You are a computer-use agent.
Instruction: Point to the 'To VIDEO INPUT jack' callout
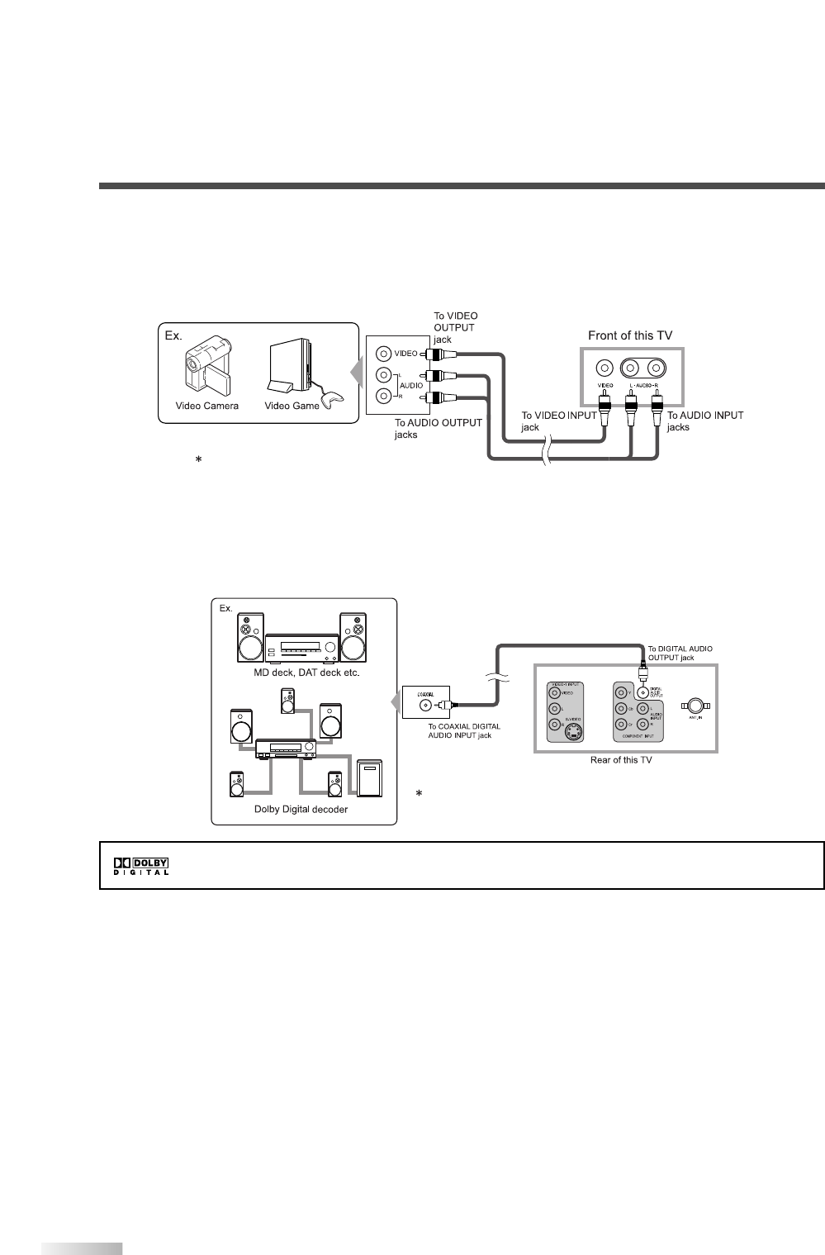pyautogui.click(x=557, y=421)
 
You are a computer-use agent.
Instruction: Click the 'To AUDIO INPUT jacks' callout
pyautogui.click(x=705, y=421)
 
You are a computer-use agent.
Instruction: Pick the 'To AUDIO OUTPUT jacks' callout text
pyautogui.click(x=438, y=428)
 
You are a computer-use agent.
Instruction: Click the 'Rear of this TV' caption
pyautogui.click(x=625, y=759)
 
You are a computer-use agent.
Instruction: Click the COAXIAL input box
pyautogui.click(x=425, y=704)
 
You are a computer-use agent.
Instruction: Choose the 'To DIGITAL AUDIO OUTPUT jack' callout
pyautogui.click(x=680, y=653)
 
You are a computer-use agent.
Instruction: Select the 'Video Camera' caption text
pyautogui.click(x=206, y=406)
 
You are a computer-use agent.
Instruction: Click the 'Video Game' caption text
pyautogui.click(x=292, y=406)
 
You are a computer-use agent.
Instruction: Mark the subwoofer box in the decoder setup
pyautogui.click(x=369, y=777)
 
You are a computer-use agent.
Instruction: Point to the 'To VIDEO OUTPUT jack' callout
pyautogui.click(x=456, y=327)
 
